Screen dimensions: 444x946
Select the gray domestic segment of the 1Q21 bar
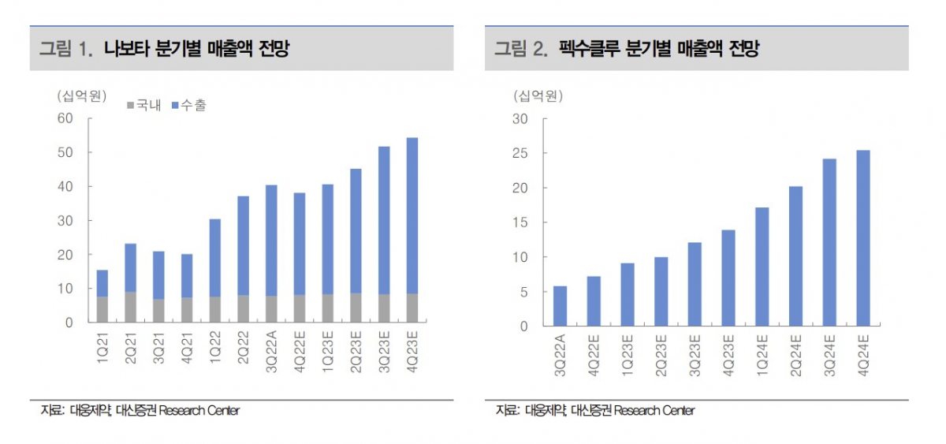102,309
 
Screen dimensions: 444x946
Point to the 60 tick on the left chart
64,118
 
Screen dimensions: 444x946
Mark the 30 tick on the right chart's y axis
519,118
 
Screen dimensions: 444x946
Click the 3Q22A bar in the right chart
560,306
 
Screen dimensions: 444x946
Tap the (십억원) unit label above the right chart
538,96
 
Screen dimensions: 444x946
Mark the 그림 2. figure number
521,50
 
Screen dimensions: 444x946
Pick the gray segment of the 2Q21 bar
130,307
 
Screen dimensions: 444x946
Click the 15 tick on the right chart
519,222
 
